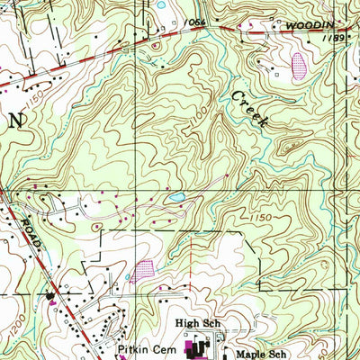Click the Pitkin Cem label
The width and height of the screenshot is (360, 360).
tap(148, 346)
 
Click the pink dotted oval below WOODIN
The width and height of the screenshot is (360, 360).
tap(300, 65)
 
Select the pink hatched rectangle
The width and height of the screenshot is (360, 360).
tap(143, 267)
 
